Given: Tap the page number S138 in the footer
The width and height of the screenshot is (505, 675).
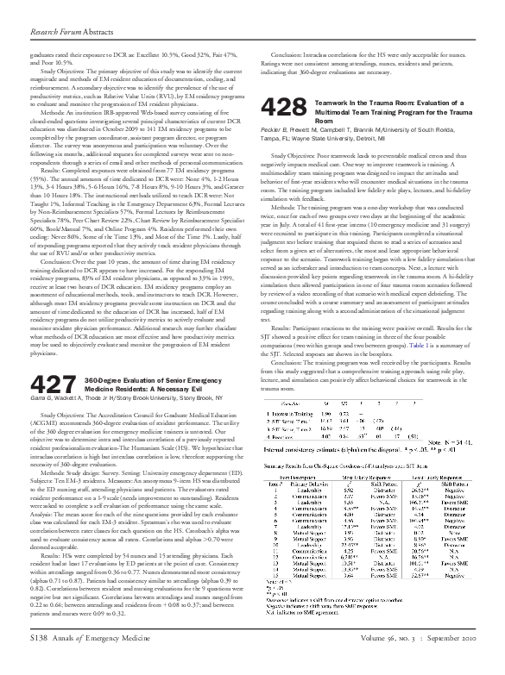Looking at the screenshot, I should pyautogui.click(x=41, y=661).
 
